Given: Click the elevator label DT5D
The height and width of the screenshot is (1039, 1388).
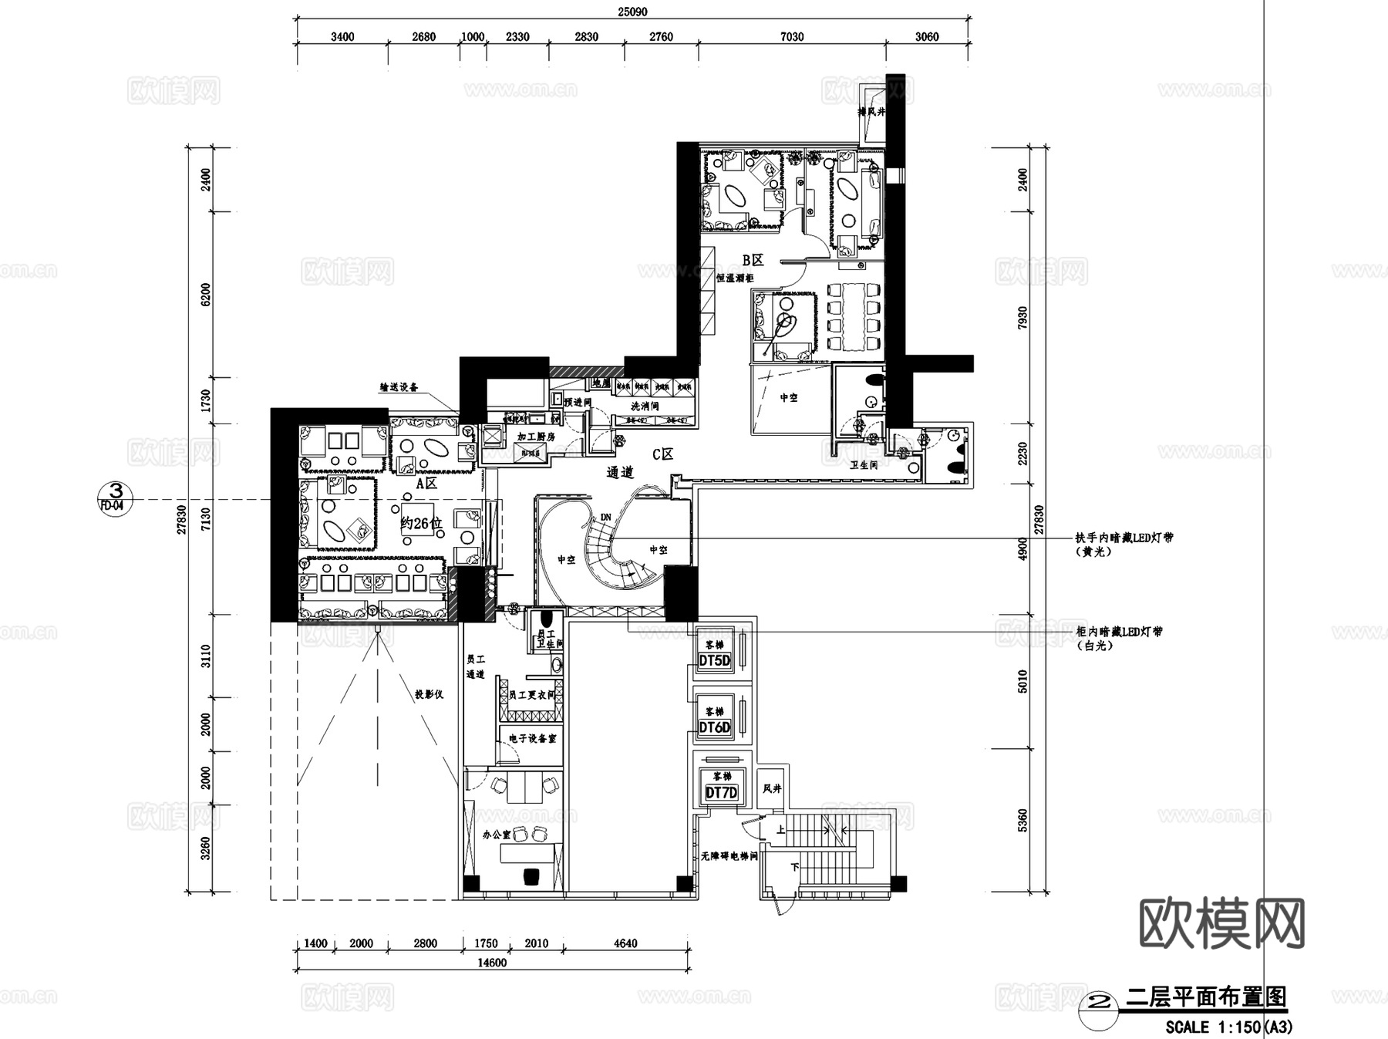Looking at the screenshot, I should pyautogui.click(x=714, y=661).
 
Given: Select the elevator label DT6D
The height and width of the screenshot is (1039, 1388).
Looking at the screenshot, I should pyautogui.click(x=714, y=727).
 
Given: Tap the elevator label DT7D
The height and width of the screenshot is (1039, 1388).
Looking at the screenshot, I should pyautogui.click(x=722, y=793).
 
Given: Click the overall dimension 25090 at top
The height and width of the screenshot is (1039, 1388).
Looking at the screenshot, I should pyautogui.click(x=632, y=11).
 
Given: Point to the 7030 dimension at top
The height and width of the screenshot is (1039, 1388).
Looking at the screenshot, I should pyautogui.click(x=792, y=36).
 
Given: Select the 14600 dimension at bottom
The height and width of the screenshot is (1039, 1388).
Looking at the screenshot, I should pyautogui.click(x=492, y=962).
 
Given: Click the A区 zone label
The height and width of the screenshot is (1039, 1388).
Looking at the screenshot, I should pyautogui.click(x=426, y=484).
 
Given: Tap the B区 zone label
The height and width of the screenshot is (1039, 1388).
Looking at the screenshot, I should pyautogui.click(x=753, y=260).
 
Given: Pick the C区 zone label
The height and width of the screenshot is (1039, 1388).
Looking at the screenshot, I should pyautogui.click(x=662, y=454).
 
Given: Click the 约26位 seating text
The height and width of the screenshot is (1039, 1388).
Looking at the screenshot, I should pyautogui.click(x=421, y=524).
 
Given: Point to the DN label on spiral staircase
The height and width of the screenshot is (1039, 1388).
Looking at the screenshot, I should pyautogui.click(x=605, y=516).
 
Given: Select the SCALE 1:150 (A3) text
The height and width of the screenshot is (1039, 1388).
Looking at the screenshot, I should pyautogui.click(x=1229, y=1027).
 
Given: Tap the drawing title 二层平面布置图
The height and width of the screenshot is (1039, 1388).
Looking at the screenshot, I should pyautogui.click(x=1206, y=997).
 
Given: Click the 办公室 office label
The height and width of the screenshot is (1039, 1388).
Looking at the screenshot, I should pyautogui.click(x=497, y=835).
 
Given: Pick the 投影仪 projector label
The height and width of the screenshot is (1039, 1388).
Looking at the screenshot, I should pyautogui.click(x=429, y=694).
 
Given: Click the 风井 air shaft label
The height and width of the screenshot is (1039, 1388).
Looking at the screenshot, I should pyautogui.click(x=772, y=788).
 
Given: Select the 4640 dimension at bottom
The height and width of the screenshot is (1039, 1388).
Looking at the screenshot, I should pyautogui.click(x=625, y=943).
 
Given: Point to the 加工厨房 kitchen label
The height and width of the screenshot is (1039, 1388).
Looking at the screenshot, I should pyautogui.click(x=536, y=437).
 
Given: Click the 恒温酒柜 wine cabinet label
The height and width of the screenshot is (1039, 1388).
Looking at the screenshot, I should pyautogui.click(x=734, y=278).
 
